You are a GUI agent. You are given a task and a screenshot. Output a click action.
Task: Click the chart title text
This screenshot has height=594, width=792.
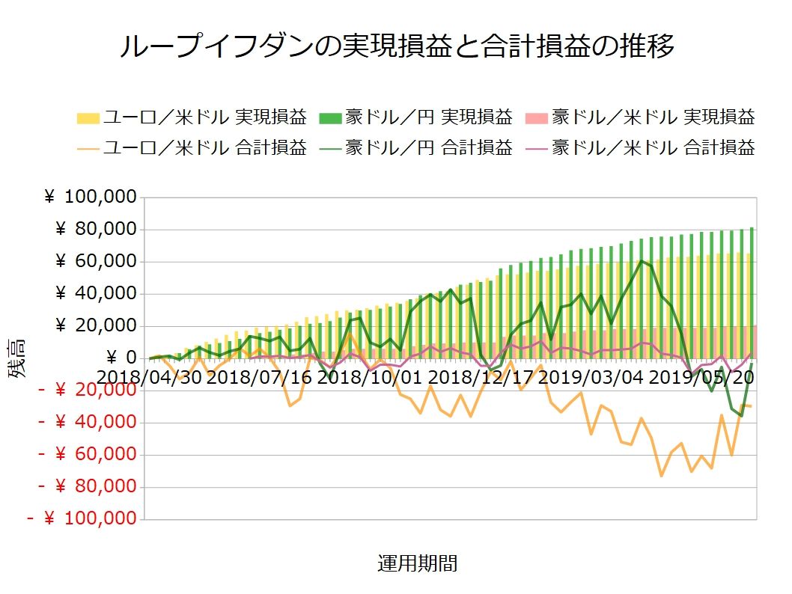pyautogui.click(x=397, y=46)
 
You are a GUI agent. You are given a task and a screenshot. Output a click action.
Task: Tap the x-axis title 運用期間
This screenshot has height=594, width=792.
pyautogui.click(x=417, y=563)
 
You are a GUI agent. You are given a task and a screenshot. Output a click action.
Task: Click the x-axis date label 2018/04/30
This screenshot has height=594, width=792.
pyautogui.click(x=150, y=376)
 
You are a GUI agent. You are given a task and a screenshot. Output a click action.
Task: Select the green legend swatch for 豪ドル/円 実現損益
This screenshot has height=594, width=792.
pyautogui.click(x=331, y=117)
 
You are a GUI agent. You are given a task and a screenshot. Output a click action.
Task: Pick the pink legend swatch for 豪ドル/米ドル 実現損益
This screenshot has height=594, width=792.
pyautogui.click(x=537, y=117)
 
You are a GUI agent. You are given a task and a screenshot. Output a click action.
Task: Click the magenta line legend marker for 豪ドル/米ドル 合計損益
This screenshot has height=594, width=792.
pyautogui.click(x=537, y=147)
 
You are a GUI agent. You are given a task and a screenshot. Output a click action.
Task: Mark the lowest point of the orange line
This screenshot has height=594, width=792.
pyautogui.click(x=662, y=476)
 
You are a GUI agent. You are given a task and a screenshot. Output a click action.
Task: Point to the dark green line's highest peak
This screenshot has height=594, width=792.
pyautogui.click(x=641, y=260)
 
